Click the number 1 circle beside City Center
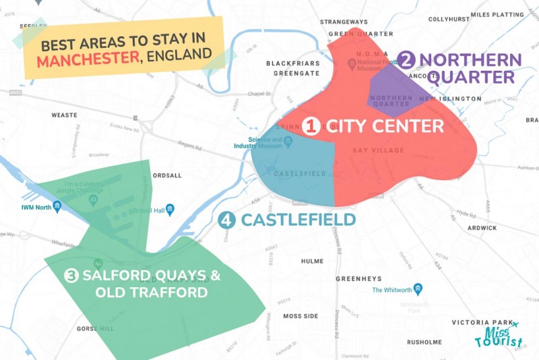(x=311, y=126)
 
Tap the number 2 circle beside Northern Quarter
(x=406, y=61)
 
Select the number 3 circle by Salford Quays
(x=72, y=275)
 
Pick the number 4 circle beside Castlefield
(x=227, y=220)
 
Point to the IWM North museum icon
(x=57, y=206)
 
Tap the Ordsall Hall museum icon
(x=170, y=210)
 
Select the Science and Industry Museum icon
(x=288, y=142)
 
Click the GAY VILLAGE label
(x=379, y=150)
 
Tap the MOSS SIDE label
(x=300, y=316)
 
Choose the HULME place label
(x=312, y=261)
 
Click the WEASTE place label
(x=65, y=115)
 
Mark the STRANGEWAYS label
(x=344, y=22)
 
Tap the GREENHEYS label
(x=359, y=278)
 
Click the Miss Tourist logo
(x=499, y=335)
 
